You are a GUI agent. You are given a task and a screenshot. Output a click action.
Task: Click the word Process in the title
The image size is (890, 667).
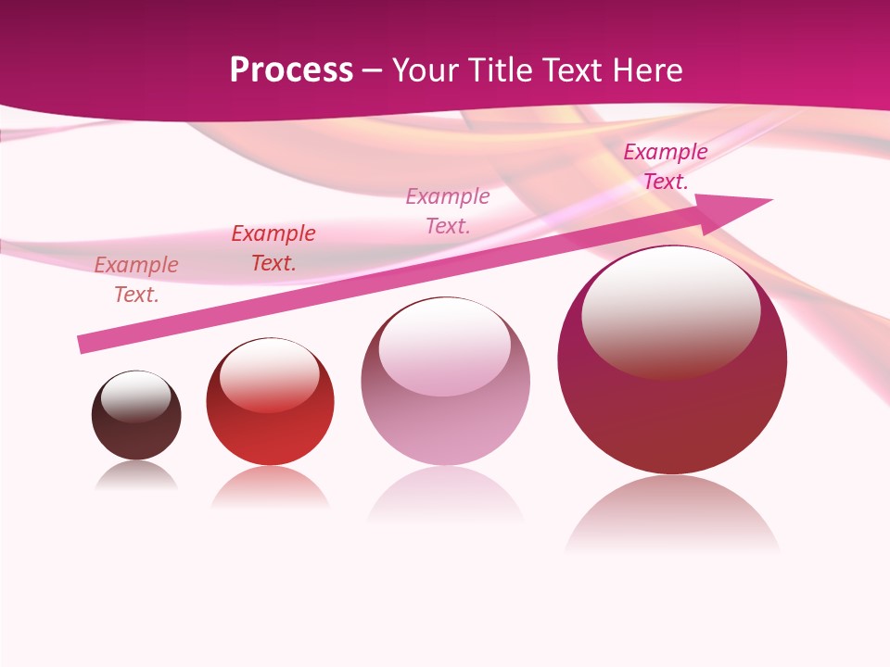point(291,70)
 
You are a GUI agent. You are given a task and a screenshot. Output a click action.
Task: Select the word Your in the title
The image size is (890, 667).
point(426,70)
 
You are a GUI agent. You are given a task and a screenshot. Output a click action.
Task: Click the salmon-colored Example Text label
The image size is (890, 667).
point(136,280)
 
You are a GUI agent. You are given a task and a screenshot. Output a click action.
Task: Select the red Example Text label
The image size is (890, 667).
point(273,248)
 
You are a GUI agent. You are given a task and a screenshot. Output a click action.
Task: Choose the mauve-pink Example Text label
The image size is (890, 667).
point(448,211)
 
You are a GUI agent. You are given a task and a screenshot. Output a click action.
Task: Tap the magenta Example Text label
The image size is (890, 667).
point(666,167)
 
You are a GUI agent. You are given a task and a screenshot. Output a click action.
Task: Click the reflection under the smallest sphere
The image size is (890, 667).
point(136,476)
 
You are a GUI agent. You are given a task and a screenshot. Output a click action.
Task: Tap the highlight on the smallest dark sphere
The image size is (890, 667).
point(136,396)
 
